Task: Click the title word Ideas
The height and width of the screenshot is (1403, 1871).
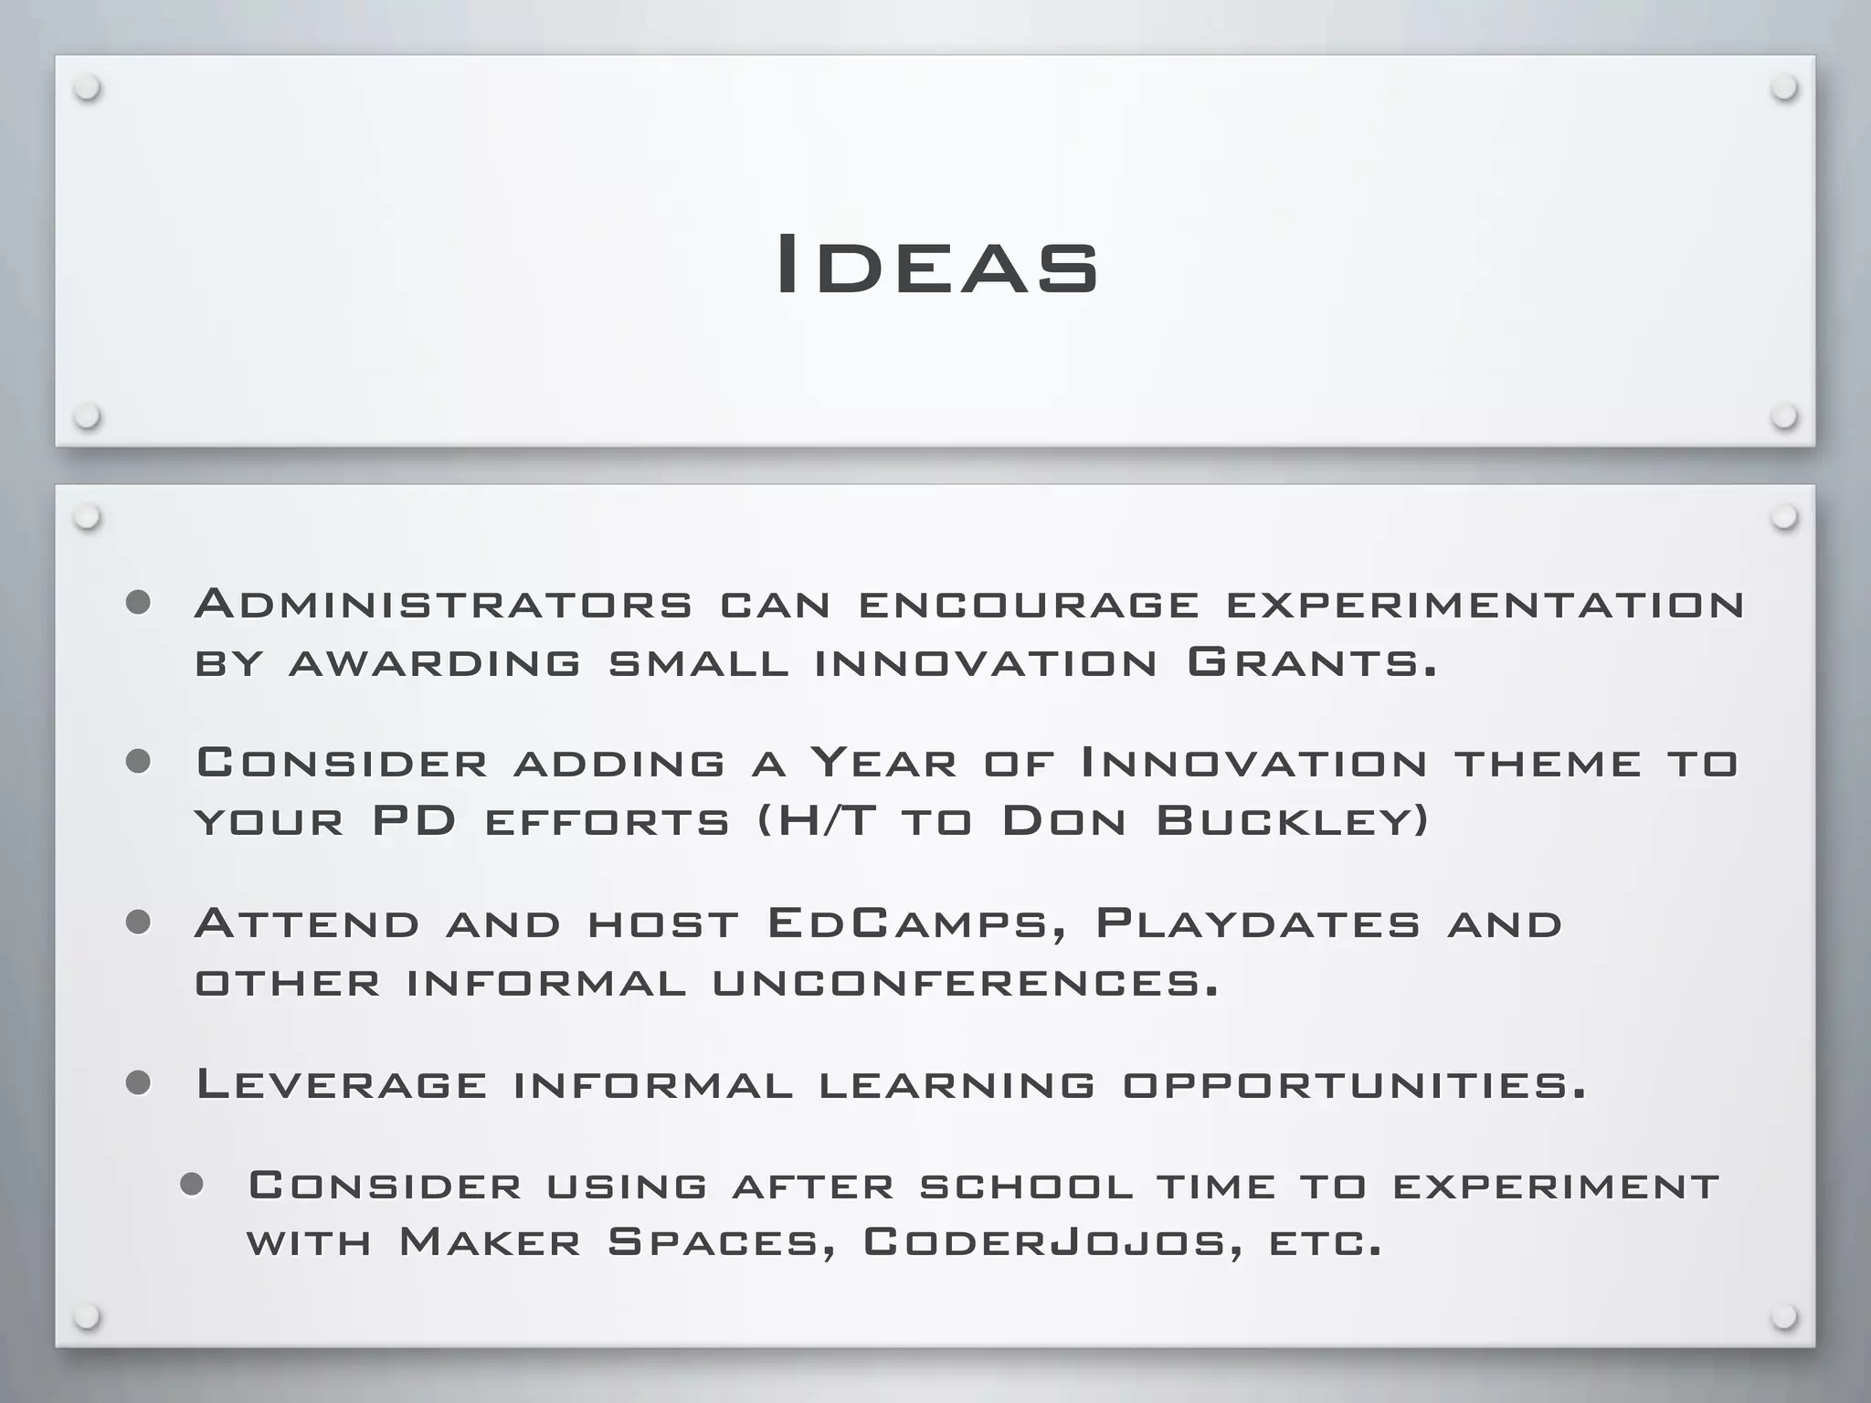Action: tap(936, 265)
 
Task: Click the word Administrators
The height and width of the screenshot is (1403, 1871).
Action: tap(444, 604)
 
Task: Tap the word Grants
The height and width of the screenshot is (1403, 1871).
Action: tap(1312, 662)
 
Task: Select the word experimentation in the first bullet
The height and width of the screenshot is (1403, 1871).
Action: tap(1485, 605)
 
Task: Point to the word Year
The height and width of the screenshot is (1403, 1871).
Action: tap(883, 763)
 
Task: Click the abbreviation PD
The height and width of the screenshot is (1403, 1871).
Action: tap(414, 820)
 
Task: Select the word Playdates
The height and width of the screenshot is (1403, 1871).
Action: tap(1258, 923)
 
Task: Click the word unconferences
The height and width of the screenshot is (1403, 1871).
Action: tap(965, 983)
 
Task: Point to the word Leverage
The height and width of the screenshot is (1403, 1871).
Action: tap(342, 1084)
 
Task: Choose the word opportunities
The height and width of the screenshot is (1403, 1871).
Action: tap(1354, 1085)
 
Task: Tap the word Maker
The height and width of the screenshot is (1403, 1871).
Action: tap(490, 1242)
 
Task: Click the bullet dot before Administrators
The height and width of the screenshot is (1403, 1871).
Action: tap(138, 603)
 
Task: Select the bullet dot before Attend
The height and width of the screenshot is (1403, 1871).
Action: tap(138, 923)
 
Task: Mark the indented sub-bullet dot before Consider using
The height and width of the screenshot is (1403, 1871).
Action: tap(191, 1185)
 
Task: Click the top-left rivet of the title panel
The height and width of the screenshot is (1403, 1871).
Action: tap(88, 89)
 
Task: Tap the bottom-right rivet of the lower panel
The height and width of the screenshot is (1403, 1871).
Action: tap(1783, 1317)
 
